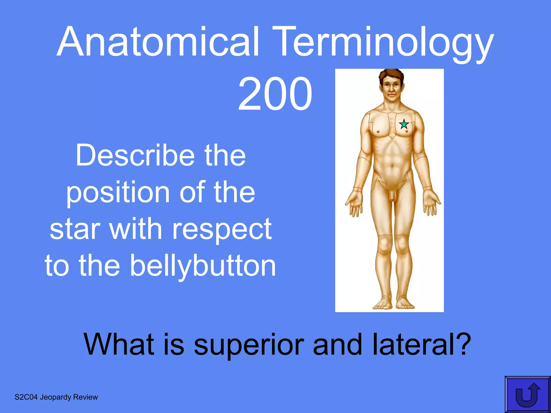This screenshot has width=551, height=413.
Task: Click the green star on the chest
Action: click(x=404, y=124)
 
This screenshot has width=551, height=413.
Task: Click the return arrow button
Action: click(x=528, y=394)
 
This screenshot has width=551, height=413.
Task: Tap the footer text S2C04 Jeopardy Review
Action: click(x=56, y=397)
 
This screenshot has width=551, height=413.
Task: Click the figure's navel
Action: click(x=393, y=166)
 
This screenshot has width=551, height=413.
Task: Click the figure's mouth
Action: click(x=392, y=95)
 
